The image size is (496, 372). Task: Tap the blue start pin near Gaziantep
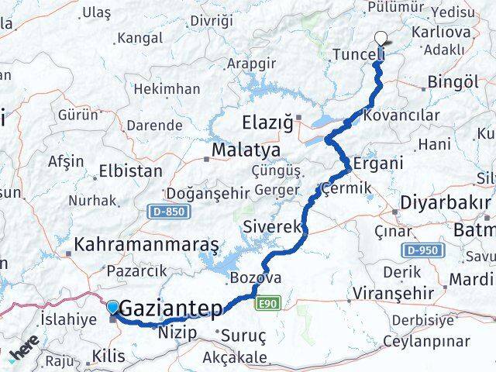pos(113,308)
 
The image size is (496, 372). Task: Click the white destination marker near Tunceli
pos(381,36)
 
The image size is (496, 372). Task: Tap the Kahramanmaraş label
pos(146,244)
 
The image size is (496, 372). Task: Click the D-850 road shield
pos(164,211)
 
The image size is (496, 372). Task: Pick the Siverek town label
pos(271,227)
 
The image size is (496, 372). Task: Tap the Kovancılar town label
pos(401,115)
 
